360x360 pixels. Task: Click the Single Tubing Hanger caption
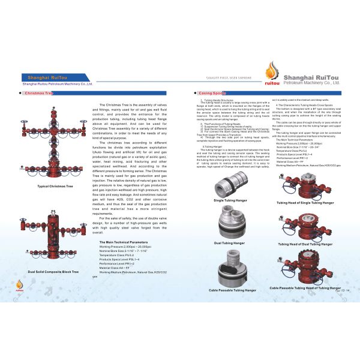pyautogui.click(x=230, y=199)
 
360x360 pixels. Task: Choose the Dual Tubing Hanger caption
pyautogui.click(x=230, y=242)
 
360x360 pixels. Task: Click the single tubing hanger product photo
pyautogui.click(x=229, y=180)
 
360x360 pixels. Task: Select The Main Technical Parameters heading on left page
pyautogui.click(x=124, y=241)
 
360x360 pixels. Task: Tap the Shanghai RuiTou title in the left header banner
pyautogui.click(x=47, y=77)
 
